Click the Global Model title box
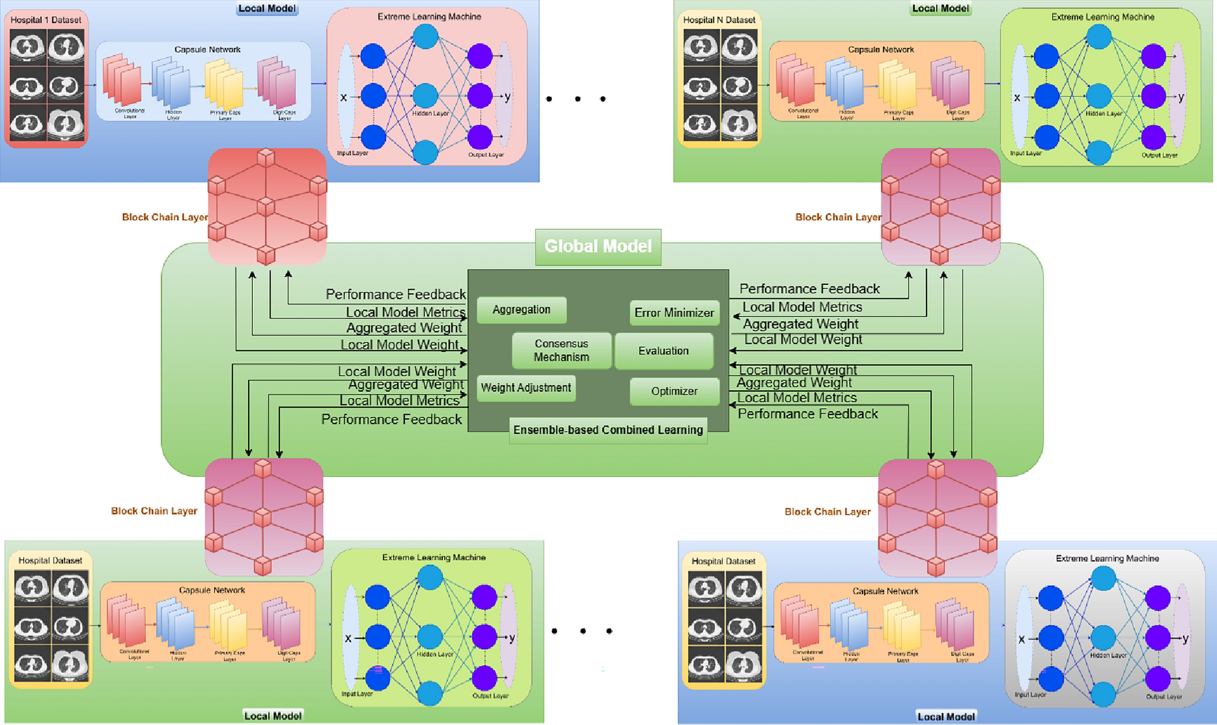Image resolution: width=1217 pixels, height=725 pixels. pyautogui.click(x=598, y=247)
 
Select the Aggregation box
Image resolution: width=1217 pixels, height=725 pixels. pyautogui.click(x=521, y=310)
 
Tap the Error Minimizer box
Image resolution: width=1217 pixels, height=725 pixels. pyautogui.click(x=674, y=313)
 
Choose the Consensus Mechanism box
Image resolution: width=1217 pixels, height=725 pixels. pyautogui.click(x=561, y=350)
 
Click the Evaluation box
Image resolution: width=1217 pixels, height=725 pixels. pyautogui.click(x=663, y=351)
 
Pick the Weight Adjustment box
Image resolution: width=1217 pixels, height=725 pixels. pyautogui.click(x=526, y=388)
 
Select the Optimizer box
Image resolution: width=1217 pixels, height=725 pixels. pyautogui.click(x=674, y=391)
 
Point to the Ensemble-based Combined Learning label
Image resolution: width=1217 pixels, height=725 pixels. pyautogui.click(x=608, y=430)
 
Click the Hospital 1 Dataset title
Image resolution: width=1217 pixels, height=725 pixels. pyautogui.click(x=45, y=20)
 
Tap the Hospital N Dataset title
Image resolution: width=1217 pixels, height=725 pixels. pyautogui.click(x=719, y=20)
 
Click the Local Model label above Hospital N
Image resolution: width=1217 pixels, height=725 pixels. pyautogui.click(x=940, y=8)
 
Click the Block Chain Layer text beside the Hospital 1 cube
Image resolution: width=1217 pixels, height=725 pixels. pyautogui.click(x=164, y=217)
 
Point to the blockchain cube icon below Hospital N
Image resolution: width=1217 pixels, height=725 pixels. pyautogui.click(x=940, y=207)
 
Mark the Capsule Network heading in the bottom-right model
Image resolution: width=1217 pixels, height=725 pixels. pyautogui.click(x=885, y=591)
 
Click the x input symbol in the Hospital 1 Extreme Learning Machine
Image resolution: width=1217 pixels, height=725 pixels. pyautogui.click(x=344, y=97)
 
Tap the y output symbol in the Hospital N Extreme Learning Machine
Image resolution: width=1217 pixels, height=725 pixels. pyautogui.click(x=1181, y=97)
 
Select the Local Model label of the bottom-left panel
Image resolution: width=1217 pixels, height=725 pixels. pyautogui.click(x=272, y=716)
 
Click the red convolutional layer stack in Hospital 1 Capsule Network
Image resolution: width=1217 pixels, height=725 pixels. pyautogui.click(x=122, y=80)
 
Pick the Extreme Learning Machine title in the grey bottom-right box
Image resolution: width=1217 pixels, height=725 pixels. pyautogui.click(x=1107, y=558)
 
